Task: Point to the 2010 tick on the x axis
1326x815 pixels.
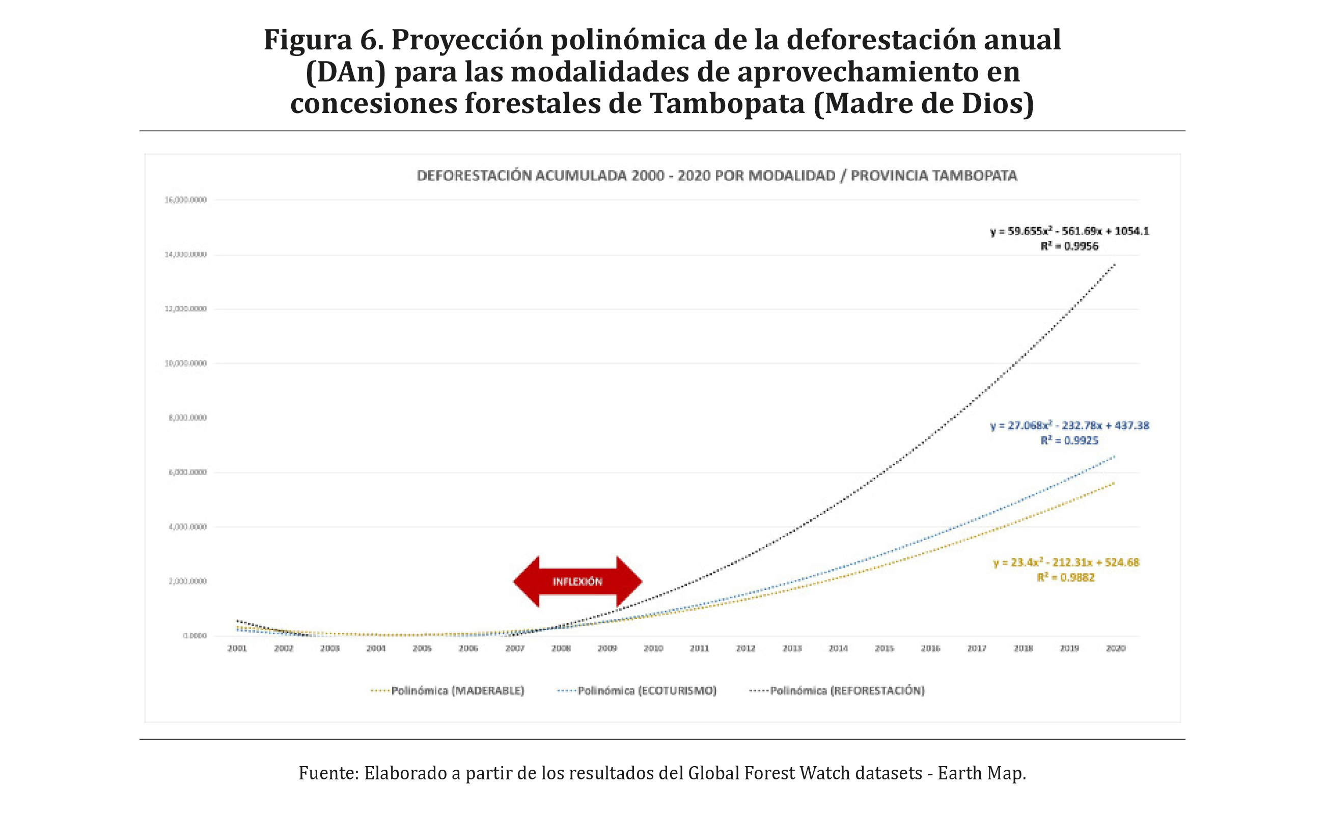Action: point(653,649)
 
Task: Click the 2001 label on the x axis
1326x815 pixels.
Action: point(237,649)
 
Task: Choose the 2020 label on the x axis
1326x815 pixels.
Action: point(1115,649)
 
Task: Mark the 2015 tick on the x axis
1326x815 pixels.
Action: point(884,649)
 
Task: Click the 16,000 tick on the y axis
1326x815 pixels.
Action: point(185,200)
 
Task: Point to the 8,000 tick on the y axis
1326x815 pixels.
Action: point(187,418)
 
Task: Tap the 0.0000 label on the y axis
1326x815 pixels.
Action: point(195,636)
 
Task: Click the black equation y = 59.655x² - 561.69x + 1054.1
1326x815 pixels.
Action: point(1069,231)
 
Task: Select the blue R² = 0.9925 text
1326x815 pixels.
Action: point(1069,440)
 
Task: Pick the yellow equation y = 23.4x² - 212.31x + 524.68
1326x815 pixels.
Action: point(1066,563)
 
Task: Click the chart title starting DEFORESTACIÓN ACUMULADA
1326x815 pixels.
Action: point(717,176)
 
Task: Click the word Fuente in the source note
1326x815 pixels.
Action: point(328,773)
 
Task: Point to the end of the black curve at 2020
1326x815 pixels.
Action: point(1114,265)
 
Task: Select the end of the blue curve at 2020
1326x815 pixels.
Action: point(1114,457)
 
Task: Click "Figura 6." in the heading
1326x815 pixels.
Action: point(323,40)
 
